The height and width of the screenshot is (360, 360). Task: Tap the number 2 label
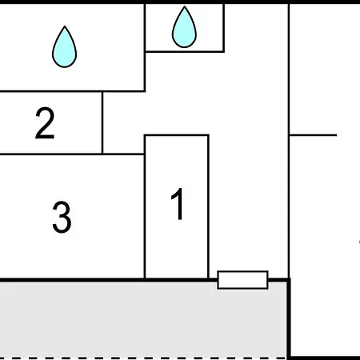click(45, 123)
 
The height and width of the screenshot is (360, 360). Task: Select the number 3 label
click(62, 217)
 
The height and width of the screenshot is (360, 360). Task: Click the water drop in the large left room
click(64, 47)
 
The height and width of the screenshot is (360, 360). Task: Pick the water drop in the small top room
click(184, 27)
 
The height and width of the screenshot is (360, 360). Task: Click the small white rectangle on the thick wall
click(242, 280)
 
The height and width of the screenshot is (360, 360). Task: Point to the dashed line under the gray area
click(143, 358)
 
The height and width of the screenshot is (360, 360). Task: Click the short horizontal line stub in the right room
click(314, 135)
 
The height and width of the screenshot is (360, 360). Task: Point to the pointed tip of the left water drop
click(65, 26)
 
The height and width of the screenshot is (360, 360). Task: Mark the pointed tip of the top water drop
click(185, 6)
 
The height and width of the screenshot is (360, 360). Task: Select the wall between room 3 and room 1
click(145, 216)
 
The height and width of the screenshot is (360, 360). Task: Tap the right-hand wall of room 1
click(208, 207)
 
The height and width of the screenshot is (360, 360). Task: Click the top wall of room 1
click(177, 135)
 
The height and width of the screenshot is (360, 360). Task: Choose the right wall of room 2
click(102, 122)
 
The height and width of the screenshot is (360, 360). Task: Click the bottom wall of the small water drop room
click(185, 51)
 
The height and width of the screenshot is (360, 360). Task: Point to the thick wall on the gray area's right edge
click(289, 318)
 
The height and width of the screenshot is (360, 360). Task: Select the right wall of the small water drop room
click(223, 28)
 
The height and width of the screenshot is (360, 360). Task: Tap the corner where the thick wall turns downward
click(289, 280)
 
